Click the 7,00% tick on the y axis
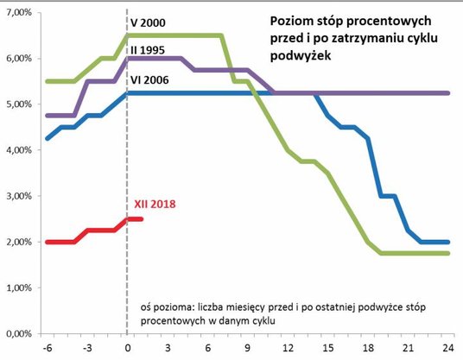pyautogui.click(x=16, y=12)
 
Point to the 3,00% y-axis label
pyautogui.click(x=16, y=196)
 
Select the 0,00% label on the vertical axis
pyautogui.click(x=16, y=333)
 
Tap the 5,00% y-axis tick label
pyautogui.click(x=16, y=104)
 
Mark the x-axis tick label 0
pyautogui.click(x=128, y=348)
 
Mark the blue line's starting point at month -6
pyautogui.click(x=47, y=138)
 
